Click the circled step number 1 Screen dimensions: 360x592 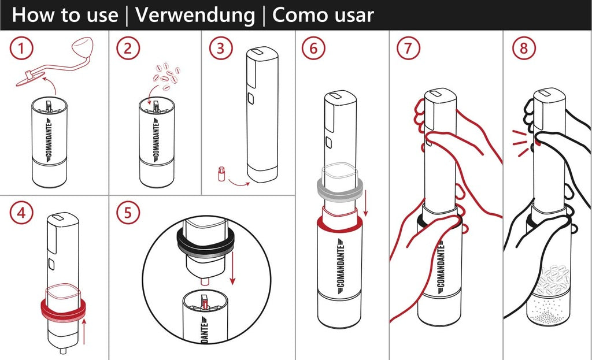(x=21, y=49)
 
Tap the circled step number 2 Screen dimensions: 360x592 (x=128, y=49)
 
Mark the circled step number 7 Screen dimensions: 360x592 (x=408, y=49)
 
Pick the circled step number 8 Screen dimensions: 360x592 (x=524, y=49)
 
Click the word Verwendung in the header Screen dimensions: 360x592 (x=195, y=15)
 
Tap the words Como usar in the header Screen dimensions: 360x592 (x=323, y=15)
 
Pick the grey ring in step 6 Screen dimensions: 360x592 (x=340, y=187)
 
